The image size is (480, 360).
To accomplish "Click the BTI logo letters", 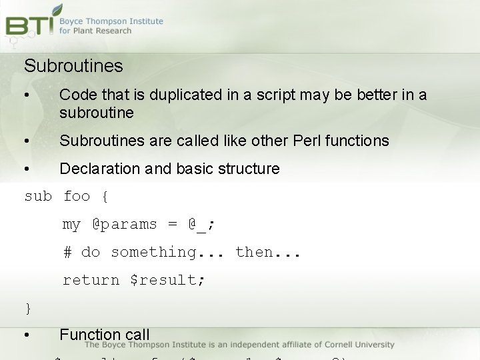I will point(29,25).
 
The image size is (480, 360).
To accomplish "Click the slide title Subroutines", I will point(73,66).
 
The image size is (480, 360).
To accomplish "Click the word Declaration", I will point(100,169).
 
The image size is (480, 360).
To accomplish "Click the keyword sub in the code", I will point(37,197).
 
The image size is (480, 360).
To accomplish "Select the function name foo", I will point(77,197).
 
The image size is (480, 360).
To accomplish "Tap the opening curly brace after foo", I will point(105,197).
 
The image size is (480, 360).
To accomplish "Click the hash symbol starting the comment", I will point(67,253).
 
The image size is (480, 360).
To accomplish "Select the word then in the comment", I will point(254,253).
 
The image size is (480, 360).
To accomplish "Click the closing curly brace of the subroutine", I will point(28,308).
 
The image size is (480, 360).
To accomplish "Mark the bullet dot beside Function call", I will point(26,335).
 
